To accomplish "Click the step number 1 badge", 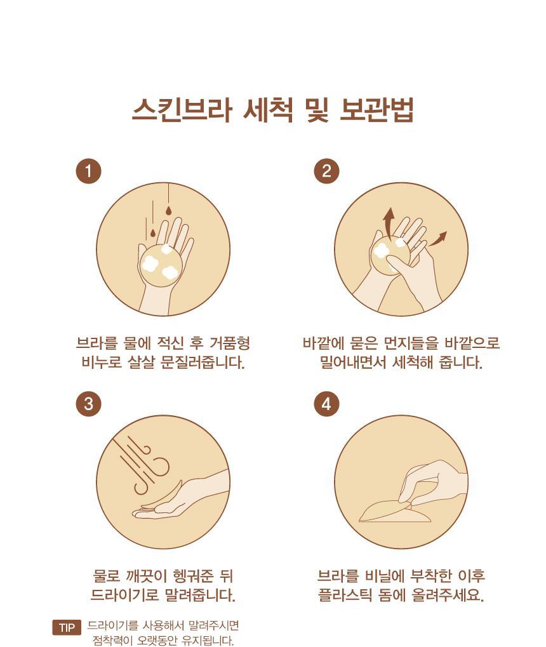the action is [x=88, y=171].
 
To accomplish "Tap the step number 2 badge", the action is [x=326, y=171].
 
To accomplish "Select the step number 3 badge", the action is [x=88, y=404].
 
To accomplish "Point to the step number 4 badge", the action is [x=326, y=404].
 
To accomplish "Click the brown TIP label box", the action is [x=67, y=627].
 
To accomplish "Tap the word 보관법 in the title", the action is [x=376, y=110].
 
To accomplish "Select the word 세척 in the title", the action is [x=269, y=110].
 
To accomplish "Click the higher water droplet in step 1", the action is [x=168, y=211].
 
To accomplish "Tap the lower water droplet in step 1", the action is [x=153, y=233].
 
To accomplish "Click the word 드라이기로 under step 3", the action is [x=124, y=594].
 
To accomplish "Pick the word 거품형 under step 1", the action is [x=230, y=342].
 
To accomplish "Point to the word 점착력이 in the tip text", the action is [x=110, y=640].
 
